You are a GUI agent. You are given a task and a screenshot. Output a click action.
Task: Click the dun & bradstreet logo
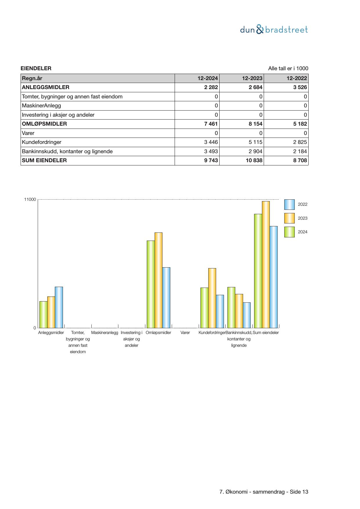pos(274,30)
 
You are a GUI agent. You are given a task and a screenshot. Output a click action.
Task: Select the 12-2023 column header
pos(252,78)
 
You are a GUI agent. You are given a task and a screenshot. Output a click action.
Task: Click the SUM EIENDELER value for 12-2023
pos(254,160)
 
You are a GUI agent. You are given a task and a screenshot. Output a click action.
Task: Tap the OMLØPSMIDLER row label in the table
pos(44,124)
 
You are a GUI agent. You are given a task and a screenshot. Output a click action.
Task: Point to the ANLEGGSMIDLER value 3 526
pos(300,87)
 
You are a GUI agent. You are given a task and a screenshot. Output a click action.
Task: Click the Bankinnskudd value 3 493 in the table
pos(211,151)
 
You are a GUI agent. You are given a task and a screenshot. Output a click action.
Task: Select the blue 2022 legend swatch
pos(289,205)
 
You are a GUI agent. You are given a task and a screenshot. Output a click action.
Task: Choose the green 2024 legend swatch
pos(289,232)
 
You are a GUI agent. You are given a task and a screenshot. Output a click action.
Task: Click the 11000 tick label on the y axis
pos(30,200)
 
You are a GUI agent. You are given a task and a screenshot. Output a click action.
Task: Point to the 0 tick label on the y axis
pos(35,328)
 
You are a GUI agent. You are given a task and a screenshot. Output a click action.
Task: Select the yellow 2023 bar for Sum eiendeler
pos(266,264)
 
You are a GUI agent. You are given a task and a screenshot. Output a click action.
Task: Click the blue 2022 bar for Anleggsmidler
pos(59,307)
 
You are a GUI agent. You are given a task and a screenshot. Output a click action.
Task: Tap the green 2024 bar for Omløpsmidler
pos(151,284)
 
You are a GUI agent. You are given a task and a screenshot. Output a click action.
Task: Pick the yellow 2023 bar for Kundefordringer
pos(212,298)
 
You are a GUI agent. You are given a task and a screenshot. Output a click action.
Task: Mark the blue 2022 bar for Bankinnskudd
pos(247,315)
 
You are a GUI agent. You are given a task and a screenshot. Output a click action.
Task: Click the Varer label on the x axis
pos(185,333)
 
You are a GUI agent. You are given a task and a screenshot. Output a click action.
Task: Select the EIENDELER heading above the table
pos(36,68)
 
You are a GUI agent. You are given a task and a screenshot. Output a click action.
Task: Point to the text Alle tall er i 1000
pos(288,68)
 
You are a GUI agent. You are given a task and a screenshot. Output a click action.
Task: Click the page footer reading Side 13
pos(264,492)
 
